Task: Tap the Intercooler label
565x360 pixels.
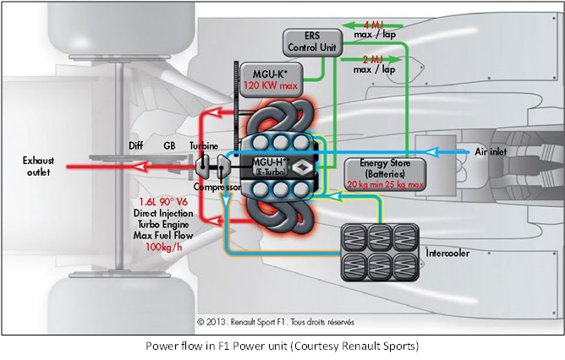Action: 445,253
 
